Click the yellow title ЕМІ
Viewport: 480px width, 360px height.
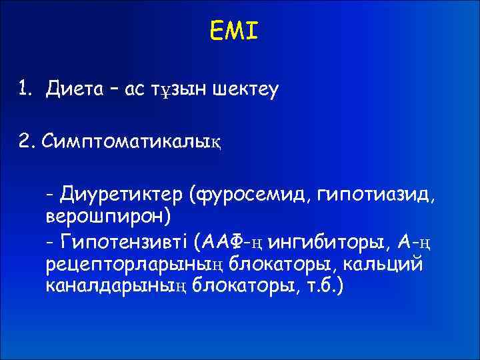pos(233,30)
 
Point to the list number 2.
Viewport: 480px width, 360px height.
pos(25,141)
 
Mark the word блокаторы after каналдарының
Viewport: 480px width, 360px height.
pos(251,287)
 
